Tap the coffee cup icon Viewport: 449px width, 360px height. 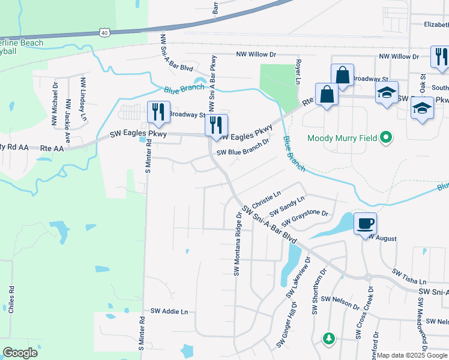(x=365, y=224)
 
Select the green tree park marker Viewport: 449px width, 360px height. (x=328, y=338)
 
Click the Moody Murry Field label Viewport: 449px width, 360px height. (x=342, y=139)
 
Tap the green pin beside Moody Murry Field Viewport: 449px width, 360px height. (x=387, y=139)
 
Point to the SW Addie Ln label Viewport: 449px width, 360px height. (x=169, y=311)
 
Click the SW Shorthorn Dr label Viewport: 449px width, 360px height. (x=316, y=292)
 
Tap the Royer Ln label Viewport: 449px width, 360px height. (x=298, y=71)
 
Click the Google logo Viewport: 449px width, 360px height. (x=20, y=352)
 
